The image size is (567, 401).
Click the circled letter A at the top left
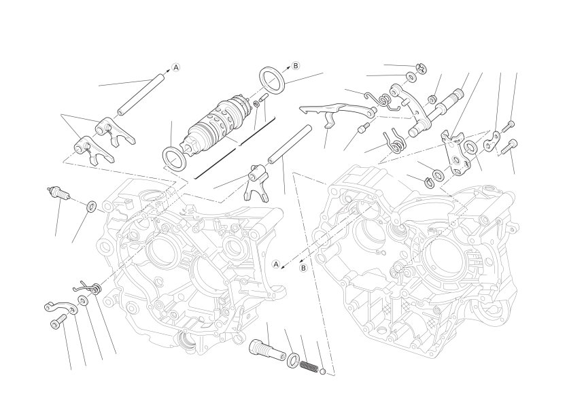(175, 67)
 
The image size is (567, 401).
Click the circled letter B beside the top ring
(296, 66)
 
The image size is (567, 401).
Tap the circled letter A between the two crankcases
(276, 264)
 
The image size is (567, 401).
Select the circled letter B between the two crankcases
(303, 268)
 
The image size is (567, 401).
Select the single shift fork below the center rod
(257, 182)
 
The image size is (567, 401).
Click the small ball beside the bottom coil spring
(323, 370)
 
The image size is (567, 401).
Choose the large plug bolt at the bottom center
(267, 349)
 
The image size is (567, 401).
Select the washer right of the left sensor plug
(91, 207)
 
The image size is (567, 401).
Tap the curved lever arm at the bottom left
(60, 307)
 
